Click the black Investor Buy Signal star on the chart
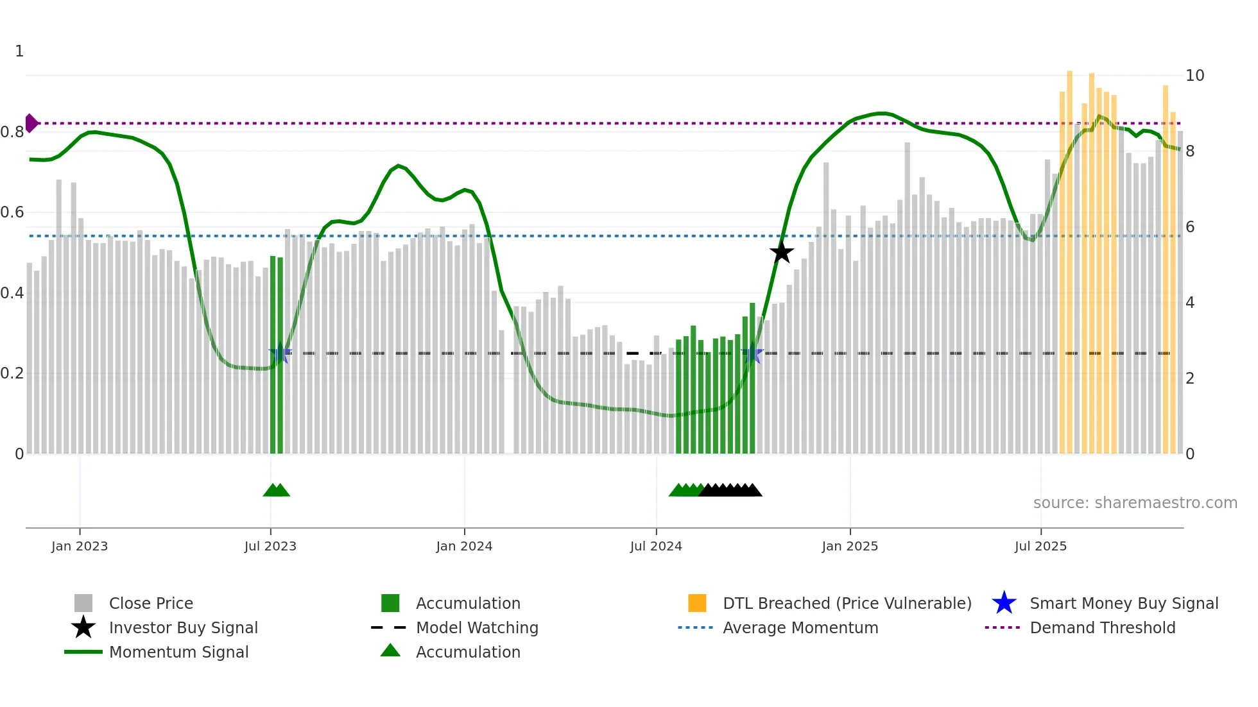tap(781, 252)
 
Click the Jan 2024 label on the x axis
tap(464, 546)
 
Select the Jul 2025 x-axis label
tap(1040, 546)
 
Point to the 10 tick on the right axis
tap(1194, 76)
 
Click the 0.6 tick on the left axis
tap(12, 212)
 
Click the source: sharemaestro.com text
tap(1135, 503)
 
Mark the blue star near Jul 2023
tap(280, 353)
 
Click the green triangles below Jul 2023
tap(277, 490)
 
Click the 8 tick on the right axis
tap(1190, 151)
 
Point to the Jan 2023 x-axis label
tap(80, 546)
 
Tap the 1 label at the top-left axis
tap(19, 51)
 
